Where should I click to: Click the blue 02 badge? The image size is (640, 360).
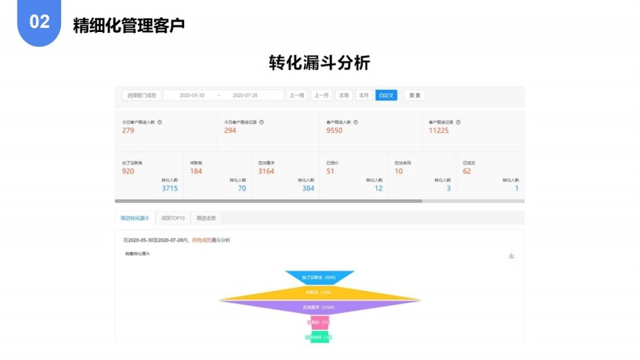tap(39, 22)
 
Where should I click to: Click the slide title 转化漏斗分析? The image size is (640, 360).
tap(319, 63)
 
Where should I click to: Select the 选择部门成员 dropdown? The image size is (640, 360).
tap(142, 95)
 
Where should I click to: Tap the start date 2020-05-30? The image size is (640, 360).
tap(192, 95)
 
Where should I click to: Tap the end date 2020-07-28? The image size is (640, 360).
tap(245, 95)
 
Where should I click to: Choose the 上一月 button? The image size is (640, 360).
tap(321, 95)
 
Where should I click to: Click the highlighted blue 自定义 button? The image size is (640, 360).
tap(386, 95)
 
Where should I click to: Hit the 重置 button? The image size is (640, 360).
tap(415, 95)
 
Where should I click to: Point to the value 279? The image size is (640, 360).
tap(128, 130)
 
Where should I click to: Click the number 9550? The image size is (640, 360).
tap(335, 130)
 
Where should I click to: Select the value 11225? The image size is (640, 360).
tap(439, 130)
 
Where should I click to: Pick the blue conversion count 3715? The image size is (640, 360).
tap(170, 189)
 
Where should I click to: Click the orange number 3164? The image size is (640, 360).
tap(266, 171)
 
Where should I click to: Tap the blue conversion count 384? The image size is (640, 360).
tap(308, 189)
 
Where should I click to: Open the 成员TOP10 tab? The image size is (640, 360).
tap(173, 218)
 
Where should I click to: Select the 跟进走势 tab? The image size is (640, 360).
tap(206, 218)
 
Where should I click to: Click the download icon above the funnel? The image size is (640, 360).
tap(511, 256)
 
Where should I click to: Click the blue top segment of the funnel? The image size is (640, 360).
tap(320, 277)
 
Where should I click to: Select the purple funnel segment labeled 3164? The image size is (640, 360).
tap(320, 306)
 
